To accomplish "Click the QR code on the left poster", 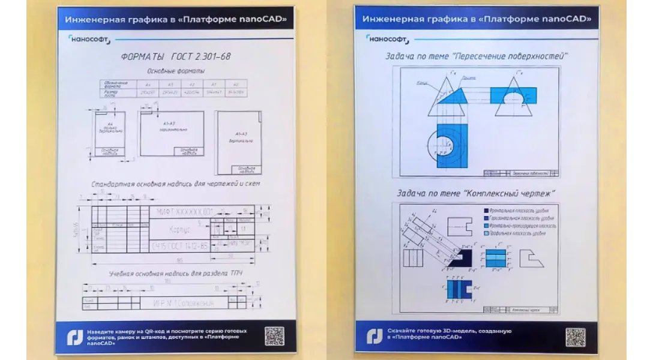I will [x=274, y=336].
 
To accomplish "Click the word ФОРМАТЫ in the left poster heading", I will [x=142, y=57].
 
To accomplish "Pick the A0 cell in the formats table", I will [x=235, y=85].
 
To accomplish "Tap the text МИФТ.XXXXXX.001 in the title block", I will [x=185, y=212].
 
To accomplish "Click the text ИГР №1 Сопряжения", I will [x=183, y=304].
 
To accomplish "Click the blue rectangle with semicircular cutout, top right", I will [x=513, y=95].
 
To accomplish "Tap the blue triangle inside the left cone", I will [x=454, y=97].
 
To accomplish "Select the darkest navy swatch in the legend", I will [x=486, y=211].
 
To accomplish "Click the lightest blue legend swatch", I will [x=486, y=233].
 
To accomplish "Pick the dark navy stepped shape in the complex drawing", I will [x=459, y=259].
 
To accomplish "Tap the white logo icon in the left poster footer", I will [x=74, y=337].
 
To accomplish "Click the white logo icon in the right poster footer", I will [x=375, y=337].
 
